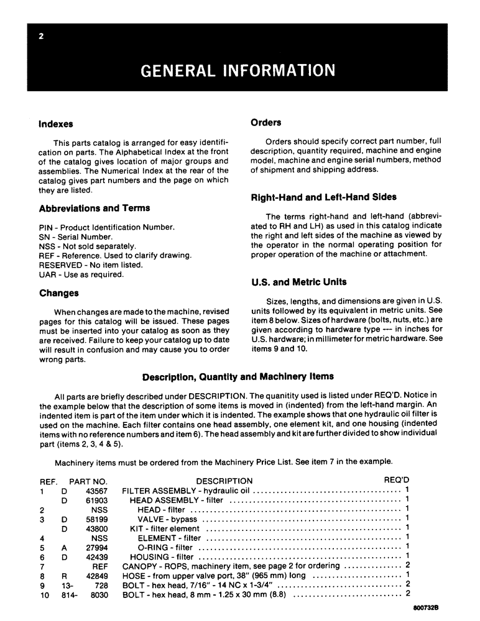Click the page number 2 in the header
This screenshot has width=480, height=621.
coord(40,37)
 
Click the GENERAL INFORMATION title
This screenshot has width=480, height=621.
coord(238,70)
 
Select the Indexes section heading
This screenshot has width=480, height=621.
coord(56,124)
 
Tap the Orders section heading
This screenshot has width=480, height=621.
coord(265,122)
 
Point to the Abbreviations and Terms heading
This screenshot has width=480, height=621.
coord(94,208)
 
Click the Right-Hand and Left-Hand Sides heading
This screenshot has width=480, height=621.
coord(323,197)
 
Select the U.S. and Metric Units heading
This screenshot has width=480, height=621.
coord(298,282)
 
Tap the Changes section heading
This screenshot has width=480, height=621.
coord(58,293)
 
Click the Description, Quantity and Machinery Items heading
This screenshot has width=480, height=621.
coord(238,376)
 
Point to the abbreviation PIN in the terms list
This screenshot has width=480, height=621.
coord(45,227)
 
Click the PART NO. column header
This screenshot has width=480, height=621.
coord(88,481)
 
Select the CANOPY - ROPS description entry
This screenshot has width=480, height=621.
coord(156,566)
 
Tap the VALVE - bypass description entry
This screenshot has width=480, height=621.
coord(167,519)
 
